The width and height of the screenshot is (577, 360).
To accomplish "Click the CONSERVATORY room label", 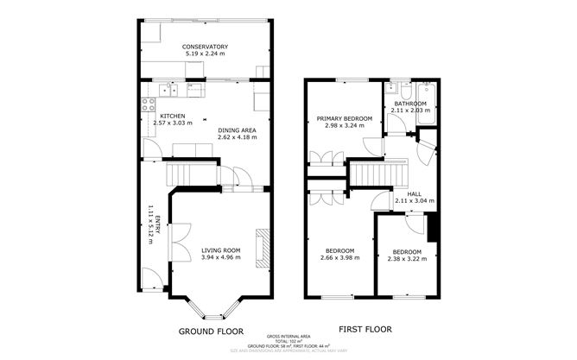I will coord(204,47).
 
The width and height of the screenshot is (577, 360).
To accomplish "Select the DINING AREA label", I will coord(238,129).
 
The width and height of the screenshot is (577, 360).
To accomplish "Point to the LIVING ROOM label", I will coord(220,250).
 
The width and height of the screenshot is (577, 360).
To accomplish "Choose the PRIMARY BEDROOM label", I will coord(344,118).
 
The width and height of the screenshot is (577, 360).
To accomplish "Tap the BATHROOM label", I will coord(410,104).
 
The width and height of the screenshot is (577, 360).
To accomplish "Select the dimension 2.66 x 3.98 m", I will coord(339,257).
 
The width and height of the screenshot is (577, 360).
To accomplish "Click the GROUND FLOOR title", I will coord(211,332).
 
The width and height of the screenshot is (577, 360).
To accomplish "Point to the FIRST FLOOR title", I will coord(365,330).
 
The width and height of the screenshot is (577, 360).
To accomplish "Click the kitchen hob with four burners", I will coord(144,109).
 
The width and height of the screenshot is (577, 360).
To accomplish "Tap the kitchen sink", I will coord(169,87).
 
